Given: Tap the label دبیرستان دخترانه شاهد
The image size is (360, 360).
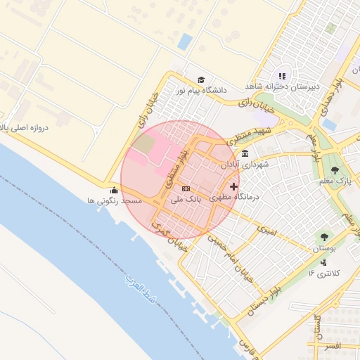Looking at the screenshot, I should pyautogui.click(x=282, y=86).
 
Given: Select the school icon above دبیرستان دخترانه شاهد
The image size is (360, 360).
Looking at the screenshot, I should pyautogui.click(x=282, y=76).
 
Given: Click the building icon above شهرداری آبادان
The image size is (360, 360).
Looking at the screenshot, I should pyautogui.click(x=244, y=154).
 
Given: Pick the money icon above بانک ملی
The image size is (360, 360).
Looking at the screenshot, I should pyautogui.click(x=186, y=188).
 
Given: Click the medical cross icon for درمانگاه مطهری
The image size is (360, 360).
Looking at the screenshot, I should pyautogui.click(x=234, y=187).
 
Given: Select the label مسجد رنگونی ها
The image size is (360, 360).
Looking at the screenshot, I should pyautogui.click(x=115, y=200).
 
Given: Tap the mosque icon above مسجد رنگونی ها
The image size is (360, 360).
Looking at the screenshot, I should pyautogui.click(x=114, y=190).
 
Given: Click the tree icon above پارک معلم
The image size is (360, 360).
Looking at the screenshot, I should pyautogui.click(x=334, y=169).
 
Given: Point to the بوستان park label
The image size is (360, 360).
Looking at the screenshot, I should pyautogui.click(x=324, y=250).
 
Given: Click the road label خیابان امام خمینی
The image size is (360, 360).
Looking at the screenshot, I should pyautogui.click(x=225, y=256).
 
